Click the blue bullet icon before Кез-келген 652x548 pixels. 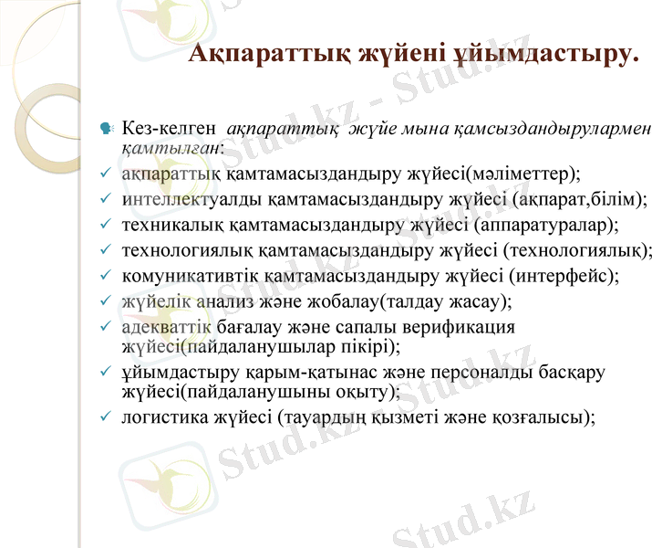pos(107,129)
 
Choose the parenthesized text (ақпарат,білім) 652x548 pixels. pos(578,197)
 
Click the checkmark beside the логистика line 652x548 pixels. pos(106,417)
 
